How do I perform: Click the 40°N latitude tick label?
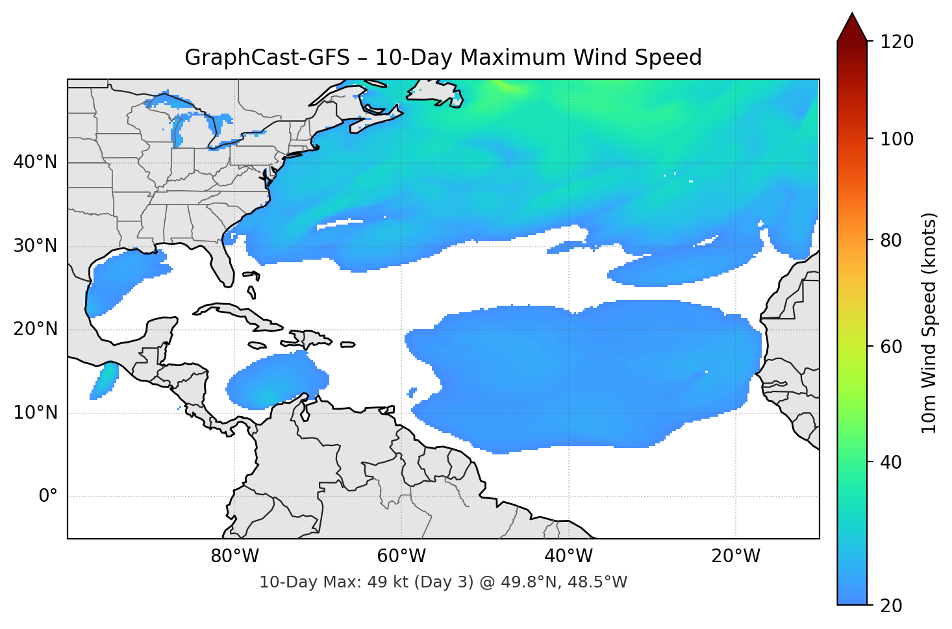point(35,162)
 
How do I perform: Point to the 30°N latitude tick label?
point(35,246)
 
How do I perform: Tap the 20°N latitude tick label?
point(35,329)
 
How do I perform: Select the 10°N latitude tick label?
point(35,413)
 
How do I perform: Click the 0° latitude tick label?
point(48,497)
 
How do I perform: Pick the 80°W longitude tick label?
point(234,556)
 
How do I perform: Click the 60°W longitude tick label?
point(401,556)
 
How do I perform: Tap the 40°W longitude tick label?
point(568,556)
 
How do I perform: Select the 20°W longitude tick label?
point(735,556)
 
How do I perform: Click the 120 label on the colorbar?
point(897,42)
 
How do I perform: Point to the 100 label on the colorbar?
point(897,139)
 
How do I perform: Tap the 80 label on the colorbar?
point(891,240)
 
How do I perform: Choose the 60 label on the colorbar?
point(891,347)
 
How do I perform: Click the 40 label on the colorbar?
point(891,462)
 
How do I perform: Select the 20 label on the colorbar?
point(891,606)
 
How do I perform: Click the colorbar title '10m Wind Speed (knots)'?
point(929,323)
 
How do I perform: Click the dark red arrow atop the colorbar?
point(852,28)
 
